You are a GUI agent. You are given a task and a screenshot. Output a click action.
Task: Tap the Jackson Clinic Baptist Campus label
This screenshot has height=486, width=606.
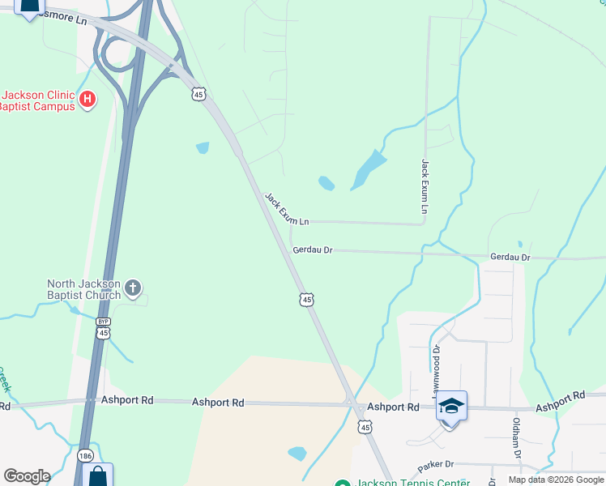point(37,100)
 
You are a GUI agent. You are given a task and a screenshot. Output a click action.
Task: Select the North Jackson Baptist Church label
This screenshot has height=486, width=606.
point(83,289)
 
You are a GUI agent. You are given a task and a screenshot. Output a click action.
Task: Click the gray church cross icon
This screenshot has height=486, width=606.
point(134,288)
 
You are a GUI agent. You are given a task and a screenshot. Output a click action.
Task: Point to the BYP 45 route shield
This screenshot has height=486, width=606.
point(103,328)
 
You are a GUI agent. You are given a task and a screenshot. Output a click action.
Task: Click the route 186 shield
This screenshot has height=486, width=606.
point(85,457)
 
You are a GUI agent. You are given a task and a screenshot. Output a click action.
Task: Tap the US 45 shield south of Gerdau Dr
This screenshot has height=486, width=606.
point(305,300)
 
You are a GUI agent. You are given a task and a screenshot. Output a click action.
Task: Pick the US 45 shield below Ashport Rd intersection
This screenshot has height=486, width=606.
point(365,427)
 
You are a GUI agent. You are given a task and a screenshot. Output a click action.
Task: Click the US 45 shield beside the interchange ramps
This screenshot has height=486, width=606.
point(198,95)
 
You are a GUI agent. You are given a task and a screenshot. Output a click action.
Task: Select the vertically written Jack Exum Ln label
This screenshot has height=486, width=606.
point(424,186)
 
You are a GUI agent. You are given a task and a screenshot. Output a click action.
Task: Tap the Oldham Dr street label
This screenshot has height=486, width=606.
point(515,437)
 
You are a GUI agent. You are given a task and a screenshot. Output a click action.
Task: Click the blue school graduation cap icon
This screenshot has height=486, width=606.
point(452,406)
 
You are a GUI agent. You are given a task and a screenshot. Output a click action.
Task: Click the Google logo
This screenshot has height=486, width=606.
point(27,476)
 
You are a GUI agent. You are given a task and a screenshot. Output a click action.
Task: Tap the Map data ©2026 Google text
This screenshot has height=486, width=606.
point(556,480)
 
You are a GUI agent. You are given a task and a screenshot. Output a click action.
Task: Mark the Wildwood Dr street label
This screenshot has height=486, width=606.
point(435,369)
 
